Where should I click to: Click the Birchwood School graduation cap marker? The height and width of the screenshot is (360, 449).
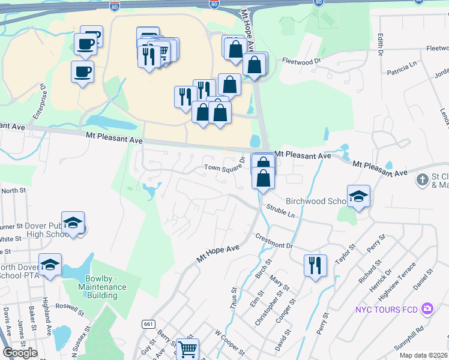[358, 196]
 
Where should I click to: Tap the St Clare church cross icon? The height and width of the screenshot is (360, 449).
[423, 179]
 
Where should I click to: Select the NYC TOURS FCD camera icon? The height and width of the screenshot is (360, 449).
[427, 308]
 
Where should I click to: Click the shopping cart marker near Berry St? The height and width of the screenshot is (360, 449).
[188, 348]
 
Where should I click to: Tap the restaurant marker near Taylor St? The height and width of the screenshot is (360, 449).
[315, 264]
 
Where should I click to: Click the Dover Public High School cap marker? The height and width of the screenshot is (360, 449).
[73, 223]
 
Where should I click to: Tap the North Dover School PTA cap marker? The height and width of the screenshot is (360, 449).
[50, 264]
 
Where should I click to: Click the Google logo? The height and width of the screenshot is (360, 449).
[20, 353]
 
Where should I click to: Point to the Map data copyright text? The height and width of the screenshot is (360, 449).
[423, 355]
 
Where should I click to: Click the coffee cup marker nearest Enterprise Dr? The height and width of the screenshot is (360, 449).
[82, 71]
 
